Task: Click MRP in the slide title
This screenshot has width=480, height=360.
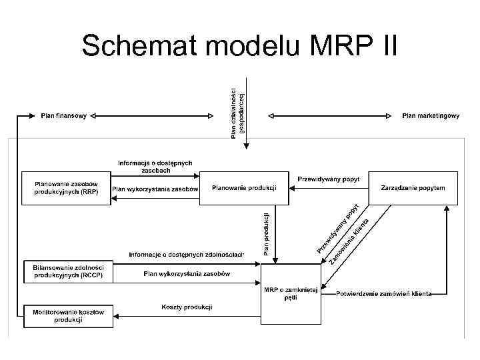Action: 340,46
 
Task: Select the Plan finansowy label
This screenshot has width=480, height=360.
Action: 63,116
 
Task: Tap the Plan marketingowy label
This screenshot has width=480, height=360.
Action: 431,116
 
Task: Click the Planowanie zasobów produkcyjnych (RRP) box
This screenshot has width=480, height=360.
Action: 66,188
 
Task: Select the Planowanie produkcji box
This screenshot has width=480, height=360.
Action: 244,188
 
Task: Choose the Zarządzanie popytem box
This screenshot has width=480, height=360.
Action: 418,188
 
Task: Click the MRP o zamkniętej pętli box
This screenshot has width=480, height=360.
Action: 290,293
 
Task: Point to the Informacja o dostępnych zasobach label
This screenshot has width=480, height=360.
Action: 155,167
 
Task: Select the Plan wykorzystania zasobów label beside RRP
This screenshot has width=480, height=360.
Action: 155,189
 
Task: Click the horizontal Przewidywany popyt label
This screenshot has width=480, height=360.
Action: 328,179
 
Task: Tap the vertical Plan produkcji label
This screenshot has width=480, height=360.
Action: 267,233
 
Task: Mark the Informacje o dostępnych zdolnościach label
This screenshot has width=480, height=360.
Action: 187,255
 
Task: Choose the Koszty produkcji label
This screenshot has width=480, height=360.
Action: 187,307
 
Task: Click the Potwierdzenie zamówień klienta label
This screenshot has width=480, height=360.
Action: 384,293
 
